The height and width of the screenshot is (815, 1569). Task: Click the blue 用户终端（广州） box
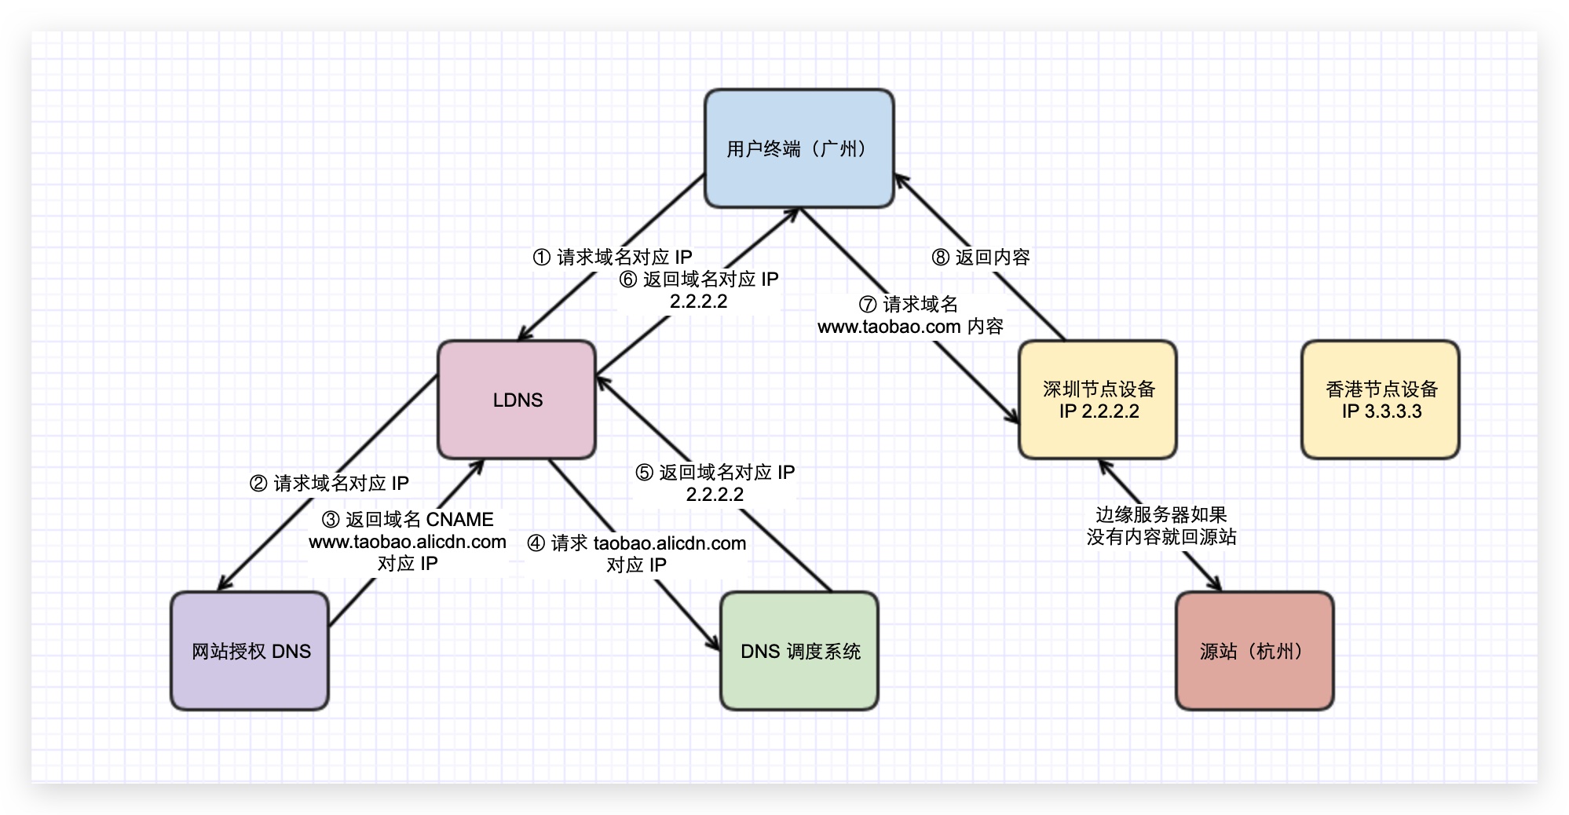(x=799, y=148)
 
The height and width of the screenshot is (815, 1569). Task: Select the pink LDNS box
(x=517, y=400)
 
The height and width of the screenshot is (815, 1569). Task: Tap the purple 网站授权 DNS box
(x=250, y=651)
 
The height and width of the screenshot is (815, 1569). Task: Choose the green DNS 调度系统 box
(x=799, y=651)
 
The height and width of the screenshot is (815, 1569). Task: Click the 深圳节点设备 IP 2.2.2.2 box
(x=1098, y=400)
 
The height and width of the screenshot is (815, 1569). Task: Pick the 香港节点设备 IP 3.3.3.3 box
(x=1381, y=400)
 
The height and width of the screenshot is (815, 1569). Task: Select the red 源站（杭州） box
(x=1254, y=651)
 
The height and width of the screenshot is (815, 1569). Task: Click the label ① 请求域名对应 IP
(x=613, y=257)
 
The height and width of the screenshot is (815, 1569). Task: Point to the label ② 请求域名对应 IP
(x=329, y=483)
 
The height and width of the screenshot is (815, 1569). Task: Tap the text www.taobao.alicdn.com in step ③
(x=408, y=542)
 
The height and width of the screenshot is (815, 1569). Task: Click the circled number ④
(x=536, y=543)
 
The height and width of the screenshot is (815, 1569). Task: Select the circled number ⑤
(x=644, y=473)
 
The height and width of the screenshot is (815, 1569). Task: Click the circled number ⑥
(x=628, y=280)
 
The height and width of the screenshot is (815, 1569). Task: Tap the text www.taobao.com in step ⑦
(x=889, y=327)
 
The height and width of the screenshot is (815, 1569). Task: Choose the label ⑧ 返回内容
(x=981, y=257)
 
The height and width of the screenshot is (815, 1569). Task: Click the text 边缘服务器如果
(x=1161, y=515)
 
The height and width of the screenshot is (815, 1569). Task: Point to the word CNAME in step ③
(x=460, y=520)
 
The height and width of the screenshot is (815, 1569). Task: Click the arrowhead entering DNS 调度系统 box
(x=714, y=643)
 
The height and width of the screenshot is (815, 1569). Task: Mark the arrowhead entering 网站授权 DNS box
(x=224, y=584)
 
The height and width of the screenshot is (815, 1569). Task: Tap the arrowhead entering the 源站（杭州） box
(x=1216, y=585)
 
